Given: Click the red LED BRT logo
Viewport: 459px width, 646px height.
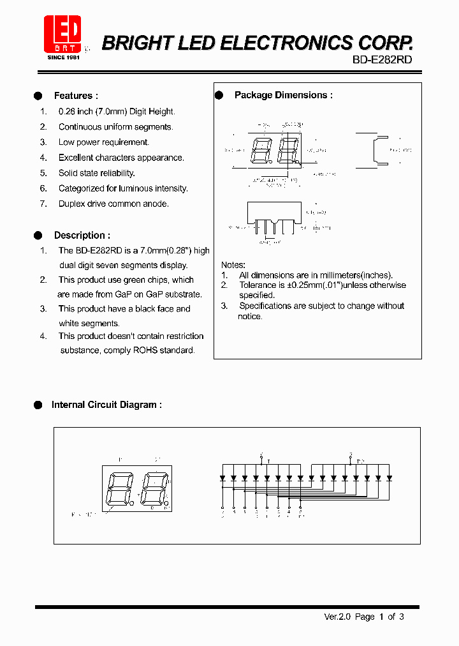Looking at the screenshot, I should pyautogui.click(x=62, y=35).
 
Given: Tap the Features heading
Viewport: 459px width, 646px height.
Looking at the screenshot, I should pyautogui.click(x=76, y=96).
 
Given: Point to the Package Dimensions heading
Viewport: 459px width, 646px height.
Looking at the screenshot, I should pyautogui.click(x=283, y=95).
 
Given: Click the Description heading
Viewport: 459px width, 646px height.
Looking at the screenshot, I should pyautogui.click(x=82, y=236).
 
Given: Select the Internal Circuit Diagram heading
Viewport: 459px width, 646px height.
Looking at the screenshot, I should pyautogui.click(x=106, y=405).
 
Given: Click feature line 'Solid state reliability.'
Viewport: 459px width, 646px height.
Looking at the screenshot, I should pyautogui.click(x=97, y=173).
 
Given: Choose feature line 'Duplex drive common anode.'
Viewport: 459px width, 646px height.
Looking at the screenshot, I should pyautogui.click(x=113, y=204).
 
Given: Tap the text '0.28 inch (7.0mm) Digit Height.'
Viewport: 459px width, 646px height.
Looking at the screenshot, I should pyautogui.click(x=117, y=111).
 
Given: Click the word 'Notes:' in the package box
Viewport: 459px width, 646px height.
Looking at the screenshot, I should pyautogui.click(x=233, y=265).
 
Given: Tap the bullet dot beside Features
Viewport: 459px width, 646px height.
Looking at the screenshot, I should pyautogui.click(x=38, y=96).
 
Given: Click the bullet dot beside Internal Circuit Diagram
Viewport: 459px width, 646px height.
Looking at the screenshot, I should pyautogui.click(x=38, y=405).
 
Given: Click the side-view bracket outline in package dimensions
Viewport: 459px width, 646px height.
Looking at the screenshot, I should pyautogui.click(x=380, y=151).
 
